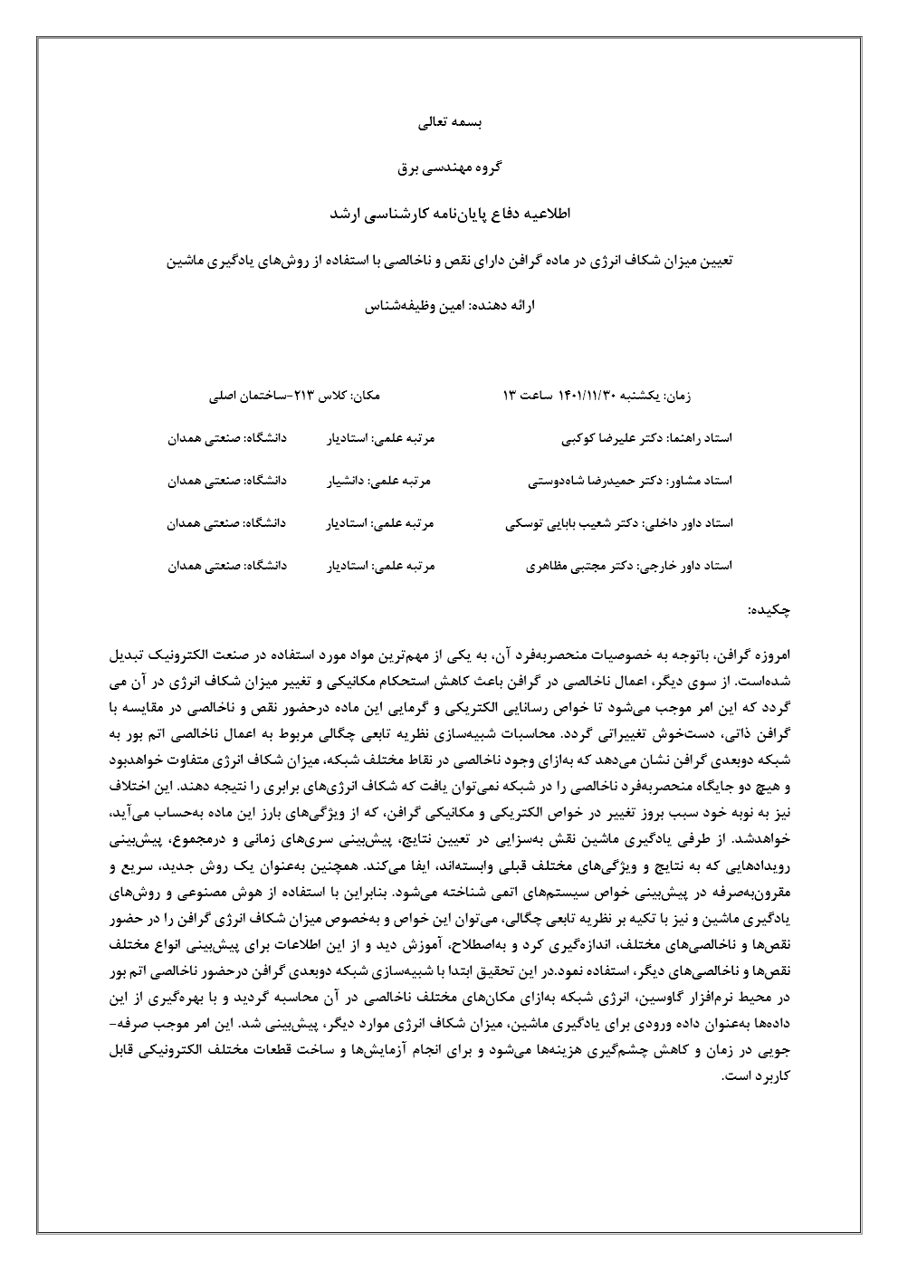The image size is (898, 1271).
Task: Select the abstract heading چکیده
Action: (770, 611)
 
